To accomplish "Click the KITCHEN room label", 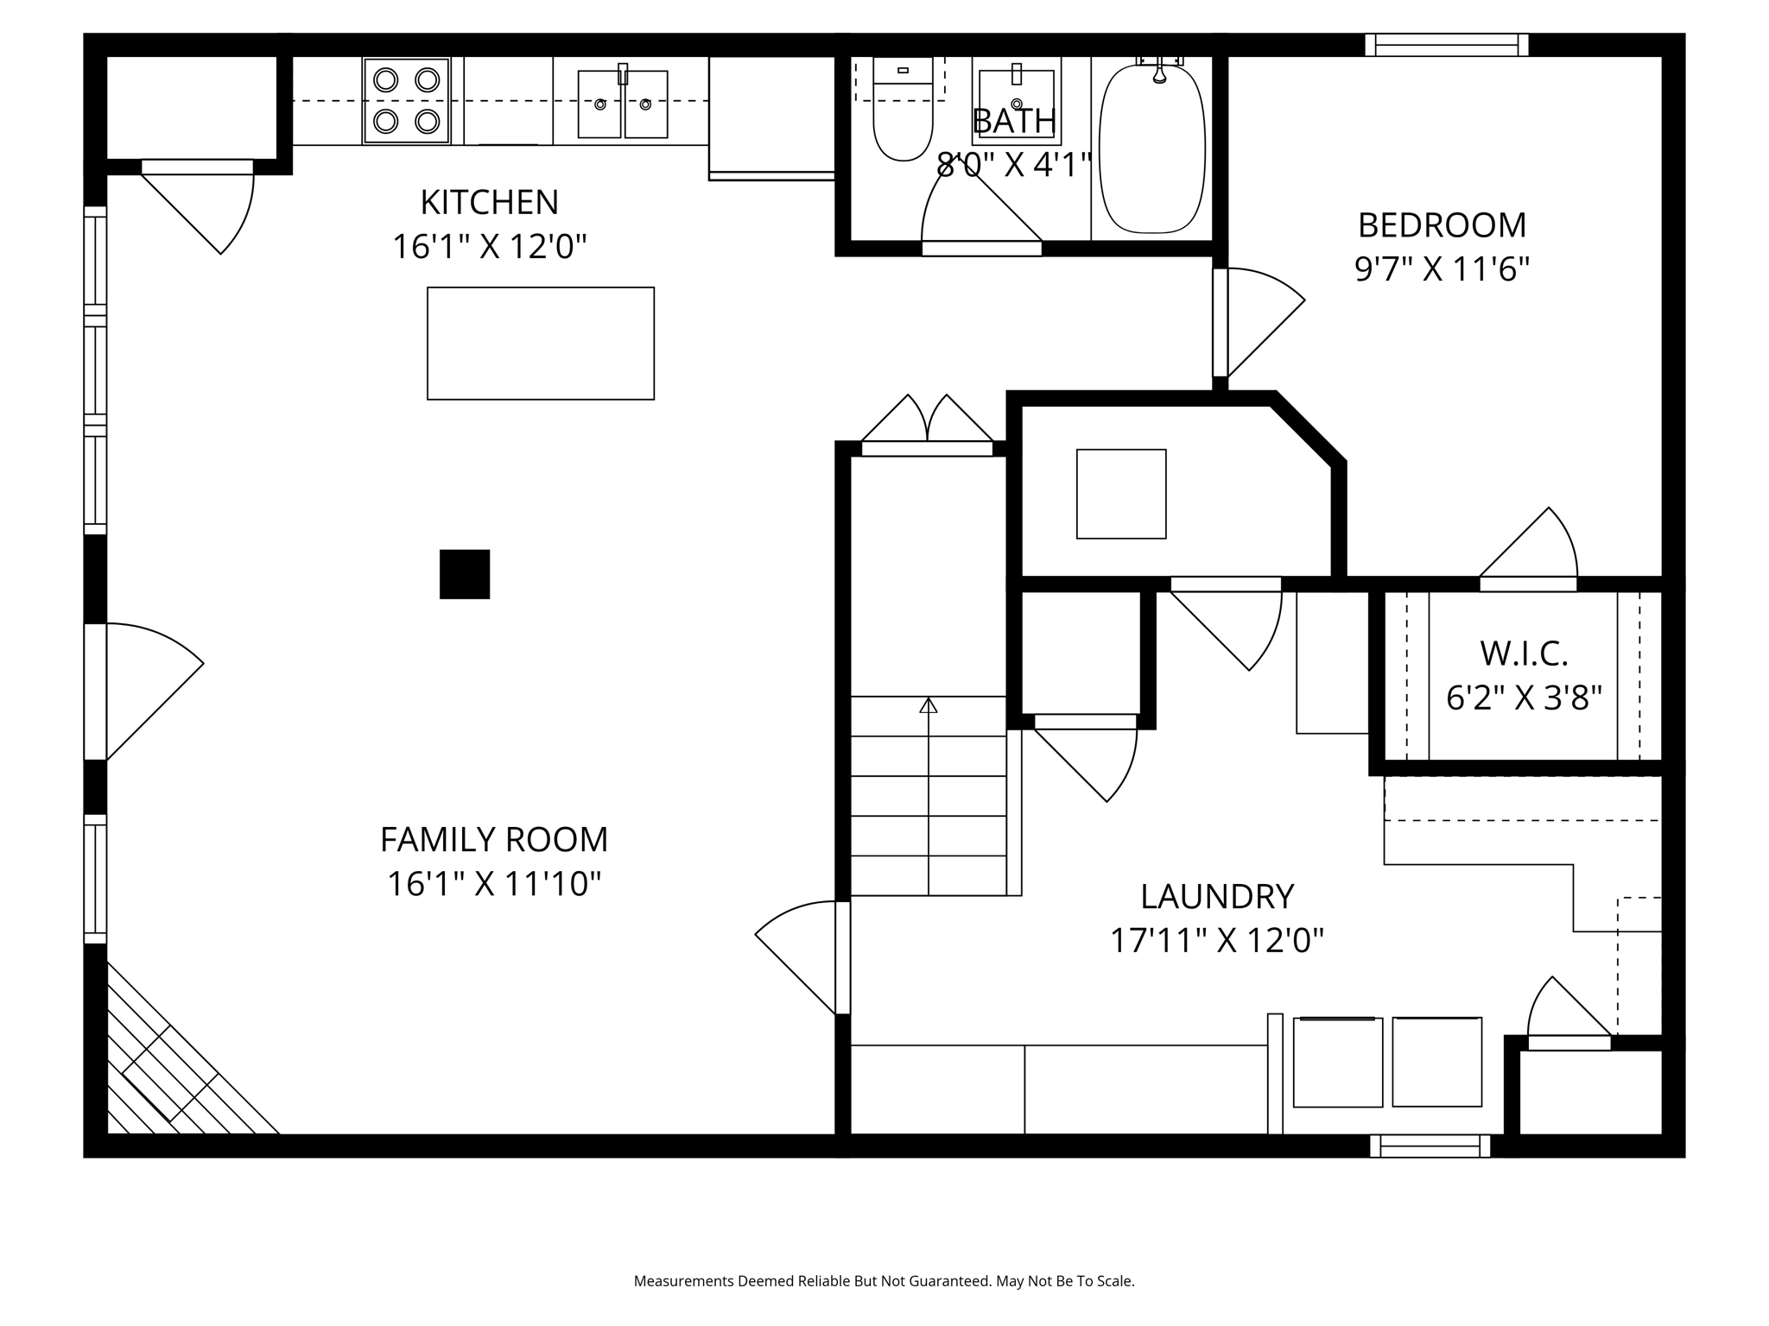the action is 490,203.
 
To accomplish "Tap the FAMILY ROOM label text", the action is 494,839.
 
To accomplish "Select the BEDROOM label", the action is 1442,225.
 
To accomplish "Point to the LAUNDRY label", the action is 1217,896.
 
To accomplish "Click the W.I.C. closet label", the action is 1524,654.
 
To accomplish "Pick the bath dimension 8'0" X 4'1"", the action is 1015,165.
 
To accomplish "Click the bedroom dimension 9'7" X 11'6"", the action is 1442,269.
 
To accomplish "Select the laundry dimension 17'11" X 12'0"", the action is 1217,940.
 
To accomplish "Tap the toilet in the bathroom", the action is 903,109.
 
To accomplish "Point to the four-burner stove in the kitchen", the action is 407,100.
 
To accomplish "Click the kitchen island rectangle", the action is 541,344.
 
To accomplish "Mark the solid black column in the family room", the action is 465,574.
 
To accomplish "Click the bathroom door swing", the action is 981,205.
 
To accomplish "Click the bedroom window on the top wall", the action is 1447,45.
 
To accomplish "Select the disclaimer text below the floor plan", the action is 884,1281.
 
